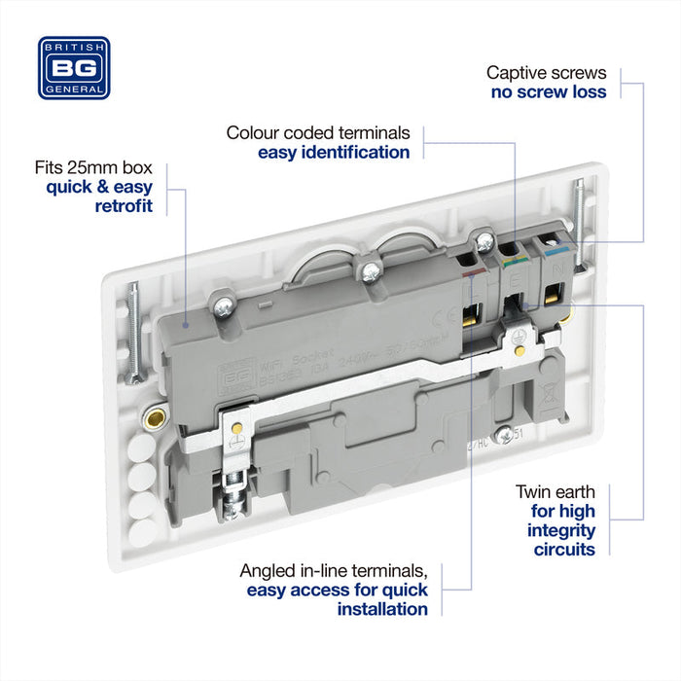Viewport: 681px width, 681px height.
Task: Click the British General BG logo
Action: (74, 68)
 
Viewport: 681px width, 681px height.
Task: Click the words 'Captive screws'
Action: (546, 72)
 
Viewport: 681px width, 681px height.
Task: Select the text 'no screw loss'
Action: (549, 92)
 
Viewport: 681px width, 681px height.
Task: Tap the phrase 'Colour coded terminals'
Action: (318, 132)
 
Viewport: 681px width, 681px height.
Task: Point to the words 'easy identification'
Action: (334, 153)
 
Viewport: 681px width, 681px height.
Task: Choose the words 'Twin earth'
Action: (556, 492)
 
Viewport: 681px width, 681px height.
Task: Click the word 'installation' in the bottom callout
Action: (382, 609)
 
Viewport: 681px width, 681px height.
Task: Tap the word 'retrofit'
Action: (124, 206)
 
